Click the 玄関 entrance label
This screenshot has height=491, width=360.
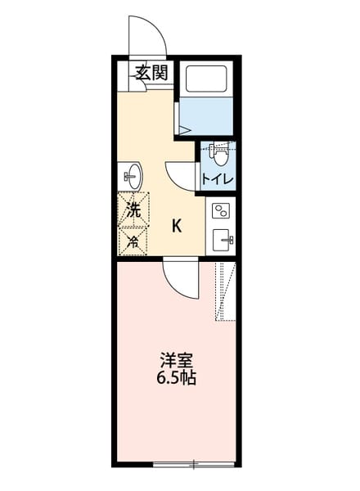click(151, 72)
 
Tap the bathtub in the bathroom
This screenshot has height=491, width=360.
click(206, 79)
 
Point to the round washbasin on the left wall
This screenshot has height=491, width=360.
click(132, 175)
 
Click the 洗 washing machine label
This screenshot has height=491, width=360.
click(133, 209)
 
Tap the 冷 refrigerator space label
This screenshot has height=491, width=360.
click(133, 241)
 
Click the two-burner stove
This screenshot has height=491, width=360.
click(222, 212)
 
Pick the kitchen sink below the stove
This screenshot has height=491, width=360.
click(222, 240)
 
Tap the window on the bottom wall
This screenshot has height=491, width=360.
click(193, 465)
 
